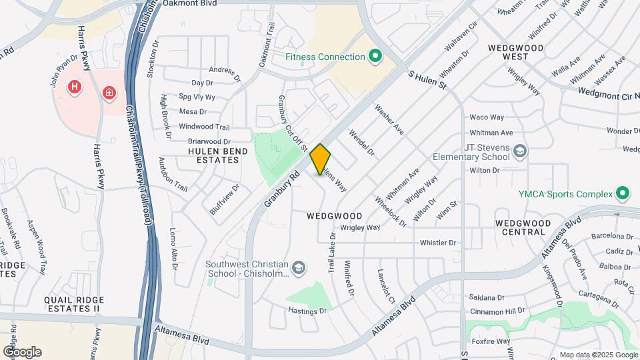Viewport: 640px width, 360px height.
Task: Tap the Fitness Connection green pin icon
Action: point(375,57)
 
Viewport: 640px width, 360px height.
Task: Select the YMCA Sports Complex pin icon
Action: point(623,194)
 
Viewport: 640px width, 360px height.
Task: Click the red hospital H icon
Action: point(75,87)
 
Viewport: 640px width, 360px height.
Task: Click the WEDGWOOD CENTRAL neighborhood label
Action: point(523,227)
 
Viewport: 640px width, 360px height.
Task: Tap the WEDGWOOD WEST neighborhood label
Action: point(515,53)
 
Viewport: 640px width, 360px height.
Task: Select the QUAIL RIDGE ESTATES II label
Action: point(72,304)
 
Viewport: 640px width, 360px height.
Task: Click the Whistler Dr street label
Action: point(437,243)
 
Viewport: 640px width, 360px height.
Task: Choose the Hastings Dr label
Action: point(307,311)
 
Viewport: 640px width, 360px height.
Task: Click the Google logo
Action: point(22,351)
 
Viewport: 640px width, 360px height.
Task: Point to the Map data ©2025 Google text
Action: point(598,355)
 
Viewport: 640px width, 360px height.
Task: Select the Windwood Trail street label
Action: point(204,127)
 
